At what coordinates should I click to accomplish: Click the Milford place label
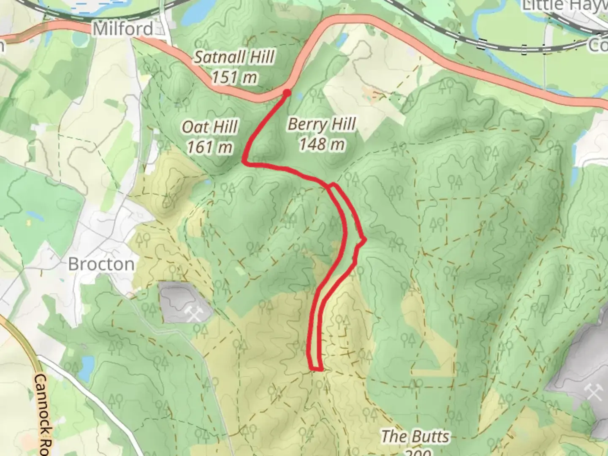[123, 29]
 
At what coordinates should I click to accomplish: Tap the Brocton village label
[101, 264]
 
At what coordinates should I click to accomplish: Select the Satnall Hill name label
[234, 57]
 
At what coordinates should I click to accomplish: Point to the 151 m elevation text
[234, 77]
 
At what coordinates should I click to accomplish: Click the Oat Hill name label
[210, 127]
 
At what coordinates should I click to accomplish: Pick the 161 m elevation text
[210, 147]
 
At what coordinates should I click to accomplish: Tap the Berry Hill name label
[322, 124]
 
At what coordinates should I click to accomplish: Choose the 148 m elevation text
[322, 144]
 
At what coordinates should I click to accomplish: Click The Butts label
[415, 437]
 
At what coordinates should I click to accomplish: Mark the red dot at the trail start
[287, 92]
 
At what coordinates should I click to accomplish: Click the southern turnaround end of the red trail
[317, 369]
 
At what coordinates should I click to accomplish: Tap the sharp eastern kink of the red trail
[364, 239]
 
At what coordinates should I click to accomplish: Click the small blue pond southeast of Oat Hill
[208, 182]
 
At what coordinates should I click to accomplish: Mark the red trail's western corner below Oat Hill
[244, 161]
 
